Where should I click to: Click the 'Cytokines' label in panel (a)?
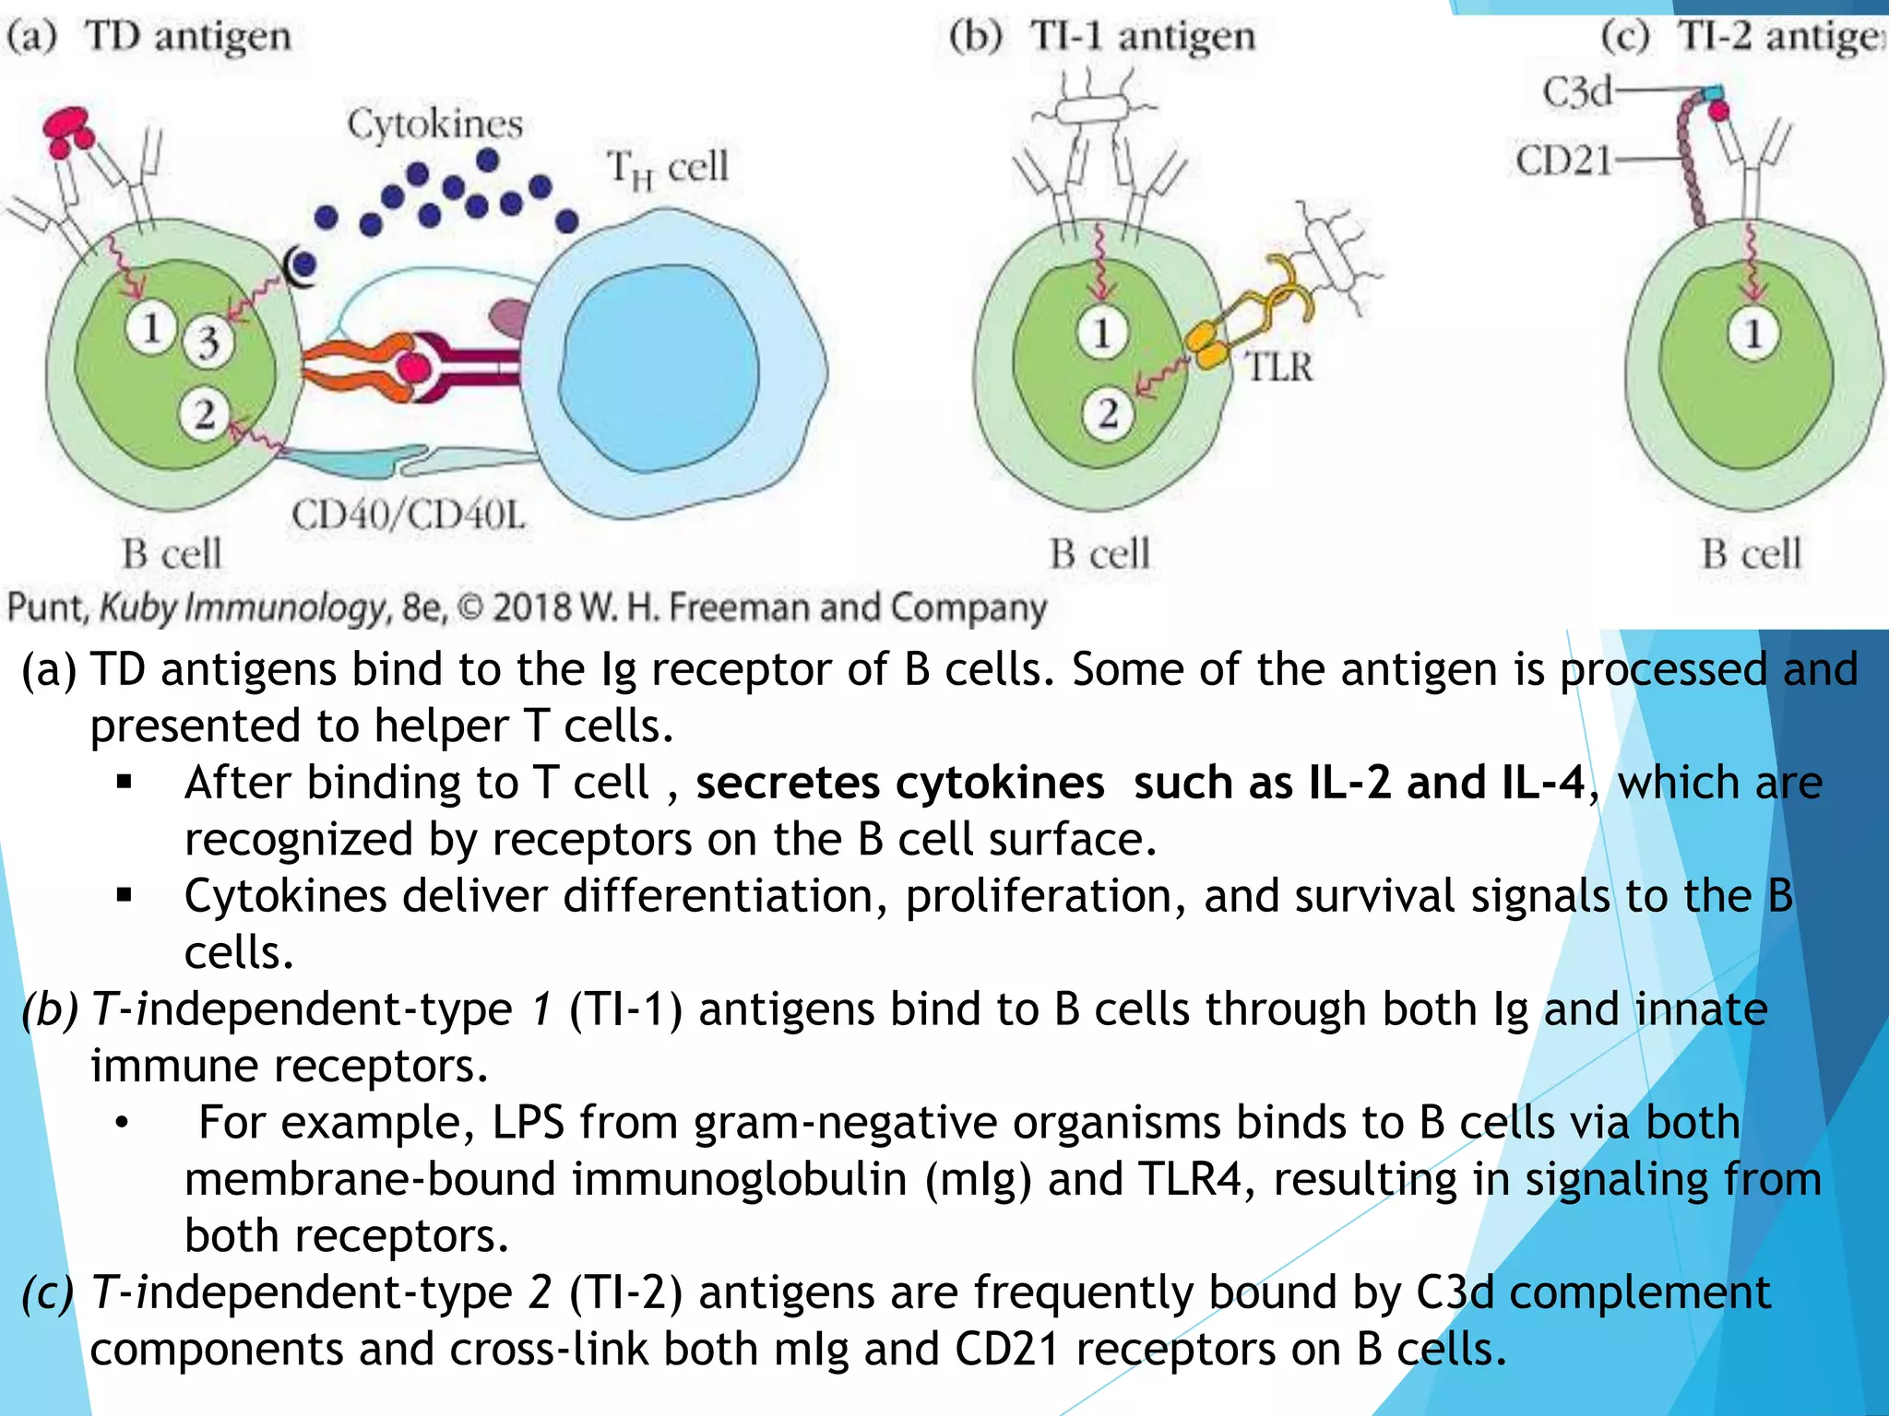point(434,124)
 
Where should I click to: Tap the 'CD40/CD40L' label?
point(409,515)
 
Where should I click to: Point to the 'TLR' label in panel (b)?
point(1279,367)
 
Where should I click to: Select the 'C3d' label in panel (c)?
point(1577,92)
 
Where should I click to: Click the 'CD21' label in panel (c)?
point(1563,161)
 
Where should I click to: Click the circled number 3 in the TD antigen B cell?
point(208,342)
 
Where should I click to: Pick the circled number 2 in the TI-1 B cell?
point(1108,414)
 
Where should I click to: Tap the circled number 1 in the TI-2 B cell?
point(1752,334)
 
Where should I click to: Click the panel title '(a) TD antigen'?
point(149,37)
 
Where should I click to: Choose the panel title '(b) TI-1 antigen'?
point(1102,37)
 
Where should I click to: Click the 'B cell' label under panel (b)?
point(1099,554)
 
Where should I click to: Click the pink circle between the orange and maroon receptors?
point(413,368)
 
